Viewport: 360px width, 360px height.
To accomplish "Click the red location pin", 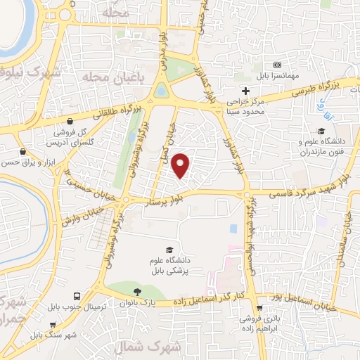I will (x=181, y=165).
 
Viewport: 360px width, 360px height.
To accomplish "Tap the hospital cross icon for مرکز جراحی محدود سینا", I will (x=245, y=91).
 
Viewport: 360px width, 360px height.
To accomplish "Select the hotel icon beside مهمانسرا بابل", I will (x=276, y=65).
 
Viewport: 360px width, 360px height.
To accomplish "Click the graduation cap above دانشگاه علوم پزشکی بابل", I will (x=169, y=250).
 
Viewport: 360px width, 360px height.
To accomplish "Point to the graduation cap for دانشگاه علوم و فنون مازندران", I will (x=321, y=131).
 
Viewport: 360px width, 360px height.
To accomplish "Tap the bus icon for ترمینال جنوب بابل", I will (x=76, y=296).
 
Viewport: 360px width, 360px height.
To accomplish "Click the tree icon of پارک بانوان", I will (x=137, y=292).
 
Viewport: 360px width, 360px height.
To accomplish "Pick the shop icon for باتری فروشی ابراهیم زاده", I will (x=260, y=307).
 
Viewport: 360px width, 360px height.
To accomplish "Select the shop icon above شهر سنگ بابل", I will (x=53, y=325).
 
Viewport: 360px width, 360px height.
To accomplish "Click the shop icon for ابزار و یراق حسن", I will (x=23, y=151).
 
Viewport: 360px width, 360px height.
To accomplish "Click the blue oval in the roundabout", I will (x=160, y=90).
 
